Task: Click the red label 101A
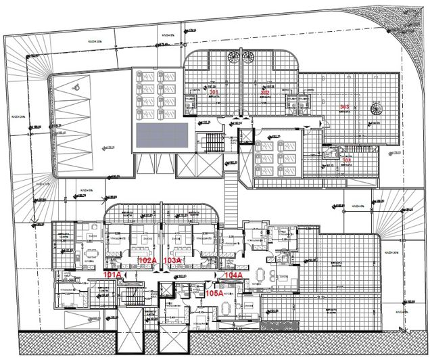(113, 275)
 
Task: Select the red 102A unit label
(148, 261)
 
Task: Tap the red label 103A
(174, 261)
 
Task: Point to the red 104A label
(232, 275)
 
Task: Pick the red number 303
(344, 108)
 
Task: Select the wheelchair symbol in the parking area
(77, 86)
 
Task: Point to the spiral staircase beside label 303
(375, 108)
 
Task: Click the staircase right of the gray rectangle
(210, 143)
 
